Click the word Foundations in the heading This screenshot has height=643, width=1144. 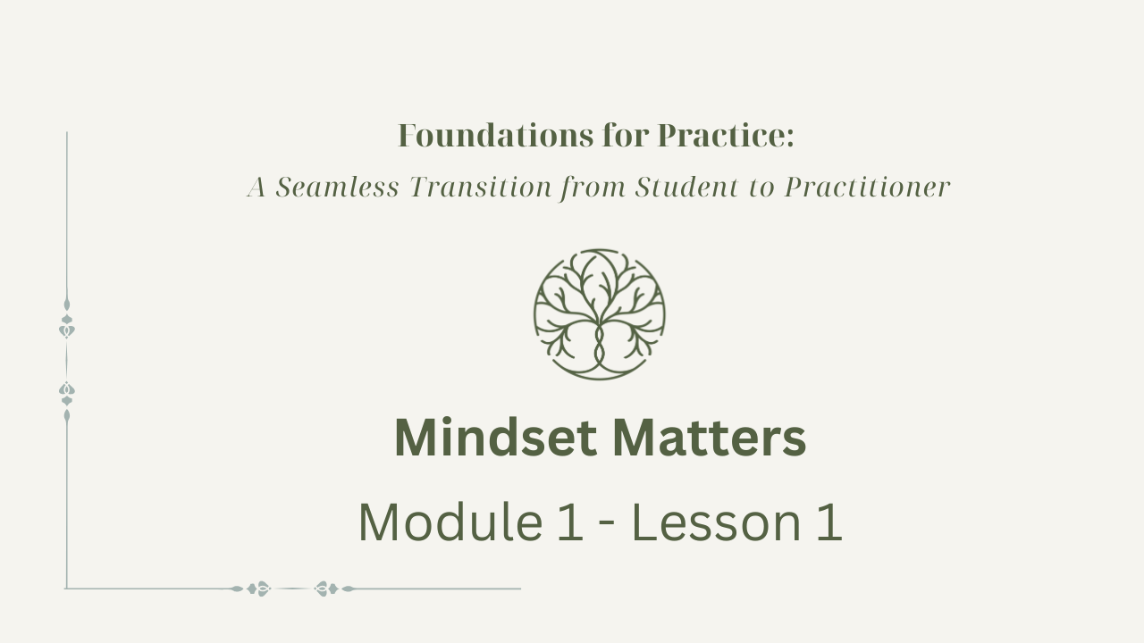(495, 136)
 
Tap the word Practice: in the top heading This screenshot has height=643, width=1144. (726, 136)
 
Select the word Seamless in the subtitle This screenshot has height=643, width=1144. (337, 187)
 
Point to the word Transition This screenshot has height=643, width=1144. (481, 187)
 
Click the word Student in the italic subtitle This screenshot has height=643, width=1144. (687, 187)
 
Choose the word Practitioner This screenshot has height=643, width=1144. (867, 187)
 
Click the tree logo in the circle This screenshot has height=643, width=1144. (600, 314)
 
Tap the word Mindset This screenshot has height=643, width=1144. (495, 438)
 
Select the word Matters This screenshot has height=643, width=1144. (710, 438)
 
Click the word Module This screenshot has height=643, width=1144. (450, 522)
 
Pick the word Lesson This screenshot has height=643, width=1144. (717, 522)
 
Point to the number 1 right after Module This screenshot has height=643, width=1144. (570, 522)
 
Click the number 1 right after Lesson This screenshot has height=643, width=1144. (829, 522)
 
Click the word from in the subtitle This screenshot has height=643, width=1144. (593, 188)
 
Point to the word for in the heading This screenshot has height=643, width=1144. (626, 136)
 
